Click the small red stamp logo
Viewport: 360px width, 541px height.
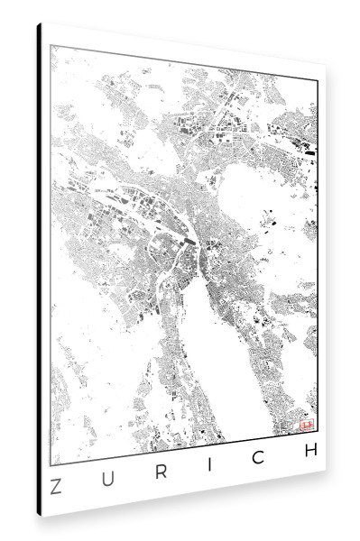coord(305,422)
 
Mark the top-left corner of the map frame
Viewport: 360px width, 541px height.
coord(51,44)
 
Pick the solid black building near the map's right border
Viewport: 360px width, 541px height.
coord(309,149)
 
